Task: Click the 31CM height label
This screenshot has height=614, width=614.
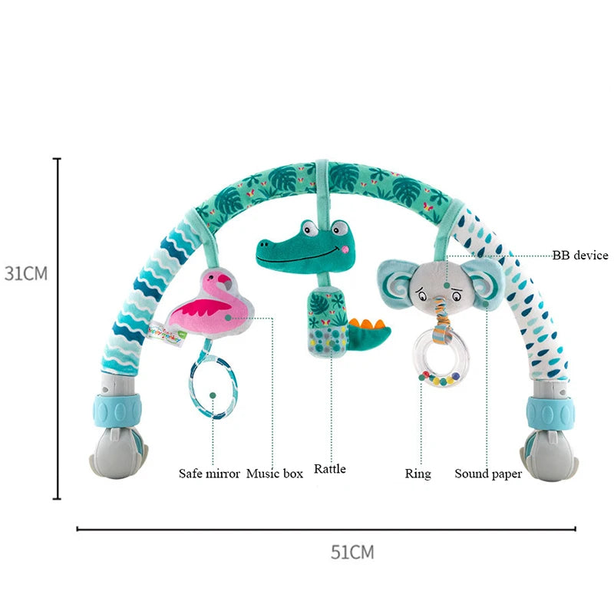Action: [26, 273]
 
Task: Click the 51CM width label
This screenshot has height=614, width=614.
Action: [352, 552]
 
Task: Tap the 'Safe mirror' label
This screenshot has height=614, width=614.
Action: [209, 474]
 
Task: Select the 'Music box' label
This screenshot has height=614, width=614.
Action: [275, 474]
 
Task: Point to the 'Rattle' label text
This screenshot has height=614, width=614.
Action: [330, 469]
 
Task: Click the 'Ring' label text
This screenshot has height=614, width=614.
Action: [418, 474]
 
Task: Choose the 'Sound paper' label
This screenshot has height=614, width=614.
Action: [488, 474]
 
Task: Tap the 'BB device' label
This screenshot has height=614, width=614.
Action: [580, 256]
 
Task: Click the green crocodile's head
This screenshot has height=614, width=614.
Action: [305, 246]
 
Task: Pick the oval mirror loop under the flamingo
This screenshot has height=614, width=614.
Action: [213, 385]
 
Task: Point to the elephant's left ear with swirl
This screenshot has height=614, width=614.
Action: [394, 284]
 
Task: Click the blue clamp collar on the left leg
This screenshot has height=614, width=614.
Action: [117, 411]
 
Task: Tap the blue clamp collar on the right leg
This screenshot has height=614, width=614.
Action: [550, 413]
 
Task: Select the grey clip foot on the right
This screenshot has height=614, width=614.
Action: [549, 455]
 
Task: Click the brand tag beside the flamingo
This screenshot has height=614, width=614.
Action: [167, 334]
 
